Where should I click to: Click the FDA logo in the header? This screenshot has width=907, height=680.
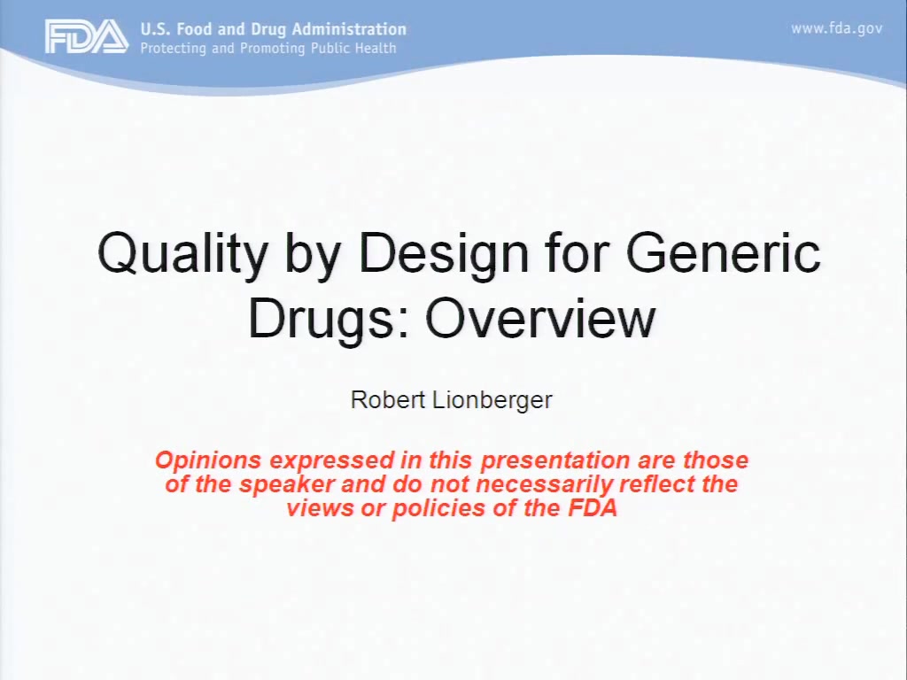pos(87,36)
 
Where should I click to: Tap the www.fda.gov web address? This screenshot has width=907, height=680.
pos(836,28)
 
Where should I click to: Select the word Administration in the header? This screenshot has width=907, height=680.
pos(349,29)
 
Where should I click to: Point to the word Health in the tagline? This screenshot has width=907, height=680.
pos(376,48)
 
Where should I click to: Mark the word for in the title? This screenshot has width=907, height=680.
pos(578,252)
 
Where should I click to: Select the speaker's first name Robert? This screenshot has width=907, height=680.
pos(388,399)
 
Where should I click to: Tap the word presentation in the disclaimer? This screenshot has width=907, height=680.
pos(554,460)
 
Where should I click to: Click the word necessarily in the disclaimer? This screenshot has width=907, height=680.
pos(544,485)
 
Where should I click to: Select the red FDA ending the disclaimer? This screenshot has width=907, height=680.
pos(593,508)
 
